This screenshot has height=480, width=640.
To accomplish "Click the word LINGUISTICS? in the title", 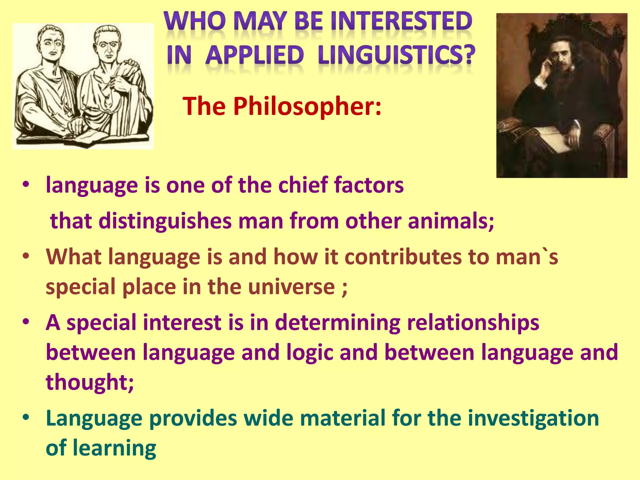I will coord(396,55).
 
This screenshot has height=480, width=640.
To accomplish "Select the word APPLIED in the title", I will coord(254,55).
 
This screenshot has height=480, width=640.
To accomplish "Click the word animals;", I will coord(451,221).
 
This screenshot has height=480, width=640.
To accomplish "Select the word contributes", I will coord(403,257).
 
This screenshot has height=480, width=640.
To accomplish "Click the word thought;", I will coord(90,382).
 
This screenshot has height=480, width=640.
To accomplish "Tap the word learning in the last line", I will coord(114,448).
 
